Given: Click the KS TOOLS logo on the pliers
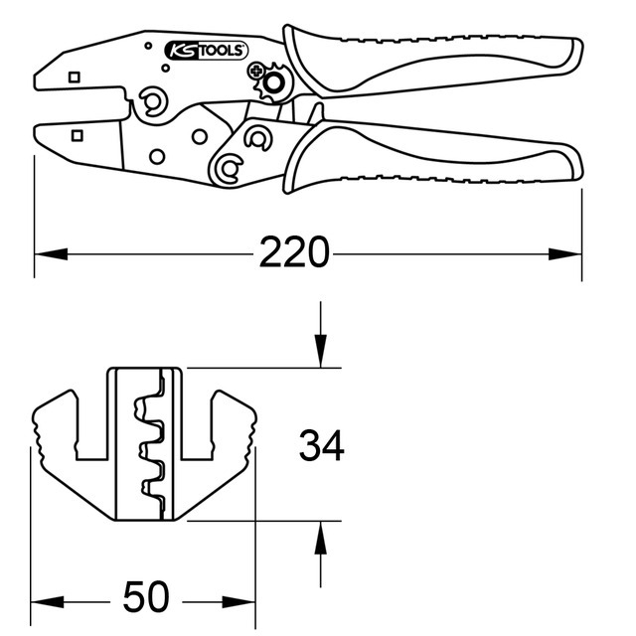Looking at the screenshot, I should click(207, 50).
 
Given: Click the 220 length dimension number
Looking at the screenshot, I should click(294, 253).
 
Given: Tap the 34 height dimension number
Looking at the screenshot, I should click(322, 446).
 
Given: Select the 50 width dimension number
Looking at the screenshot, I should click(146, 597).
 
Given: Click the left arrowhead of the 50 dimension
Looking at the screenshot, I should click(44, 598).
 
